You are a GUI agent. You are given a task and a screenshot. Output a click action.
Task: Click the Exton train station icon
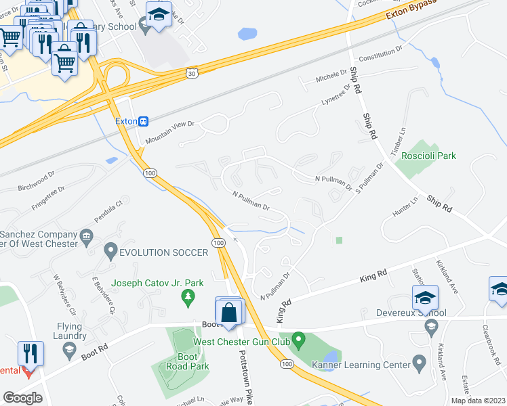point(144,122)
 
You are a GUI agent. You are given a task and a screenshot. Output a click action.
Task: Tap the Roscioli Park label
point(428,156)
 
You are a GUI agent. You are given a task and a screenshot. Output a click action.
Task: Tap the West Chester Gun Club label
point(242,340)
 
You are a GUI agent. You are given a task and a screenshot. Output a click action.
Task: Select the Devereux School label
point(413,313)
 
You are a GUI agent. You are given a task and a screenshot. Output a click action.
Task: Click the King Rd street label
point(373,274)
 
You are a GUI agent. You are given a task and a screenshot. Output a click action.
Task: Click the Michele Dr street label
point(331,78)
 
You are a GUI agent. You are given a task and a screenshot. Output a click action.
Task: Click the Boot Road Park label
point(174,361)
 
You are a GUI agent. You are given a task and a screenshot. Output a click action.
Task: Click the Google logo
point(23,398)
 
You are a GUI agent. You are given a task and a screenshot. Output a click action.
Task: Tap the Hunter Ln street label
point(405,208)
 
